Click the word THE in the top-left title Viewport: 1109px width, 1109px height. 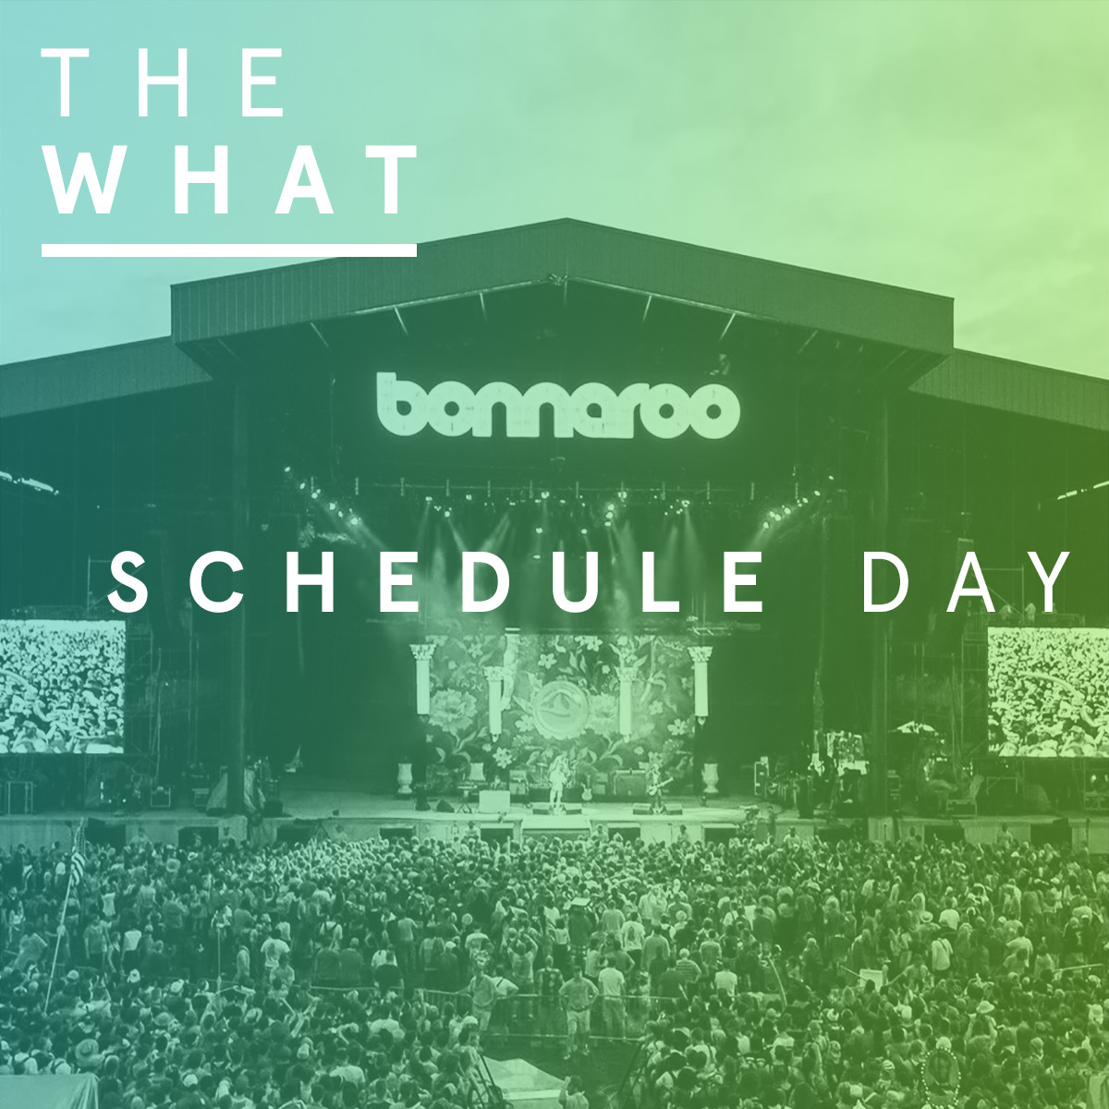click(x=164, y=81)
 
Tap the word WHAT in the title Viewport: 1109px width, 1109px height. click(x=229, y=178)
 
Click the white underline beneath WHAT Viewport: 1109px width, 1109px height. click(x=229, y=250)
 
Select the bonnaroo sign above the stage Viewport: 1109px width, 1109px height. click(x=557, y=406)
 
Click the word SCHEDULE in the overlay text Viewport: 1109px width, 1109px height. click(x=436, y=582)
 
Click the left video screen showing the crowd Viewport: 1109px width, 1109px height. click(x=62, y=688)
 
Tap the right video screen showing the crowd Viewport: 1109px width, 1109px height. click(x=1048, y=692)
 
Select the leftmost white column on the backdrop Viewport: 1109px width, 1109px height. click(x=423, y=679)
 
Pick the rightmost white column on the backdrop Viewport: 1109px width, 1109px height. click(x=700, y=683)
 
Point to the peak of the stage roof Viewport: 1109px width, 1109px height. click(x=567, y=219)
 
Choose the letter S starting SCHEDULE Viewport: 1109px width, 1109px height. click(x=128, y=582)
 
